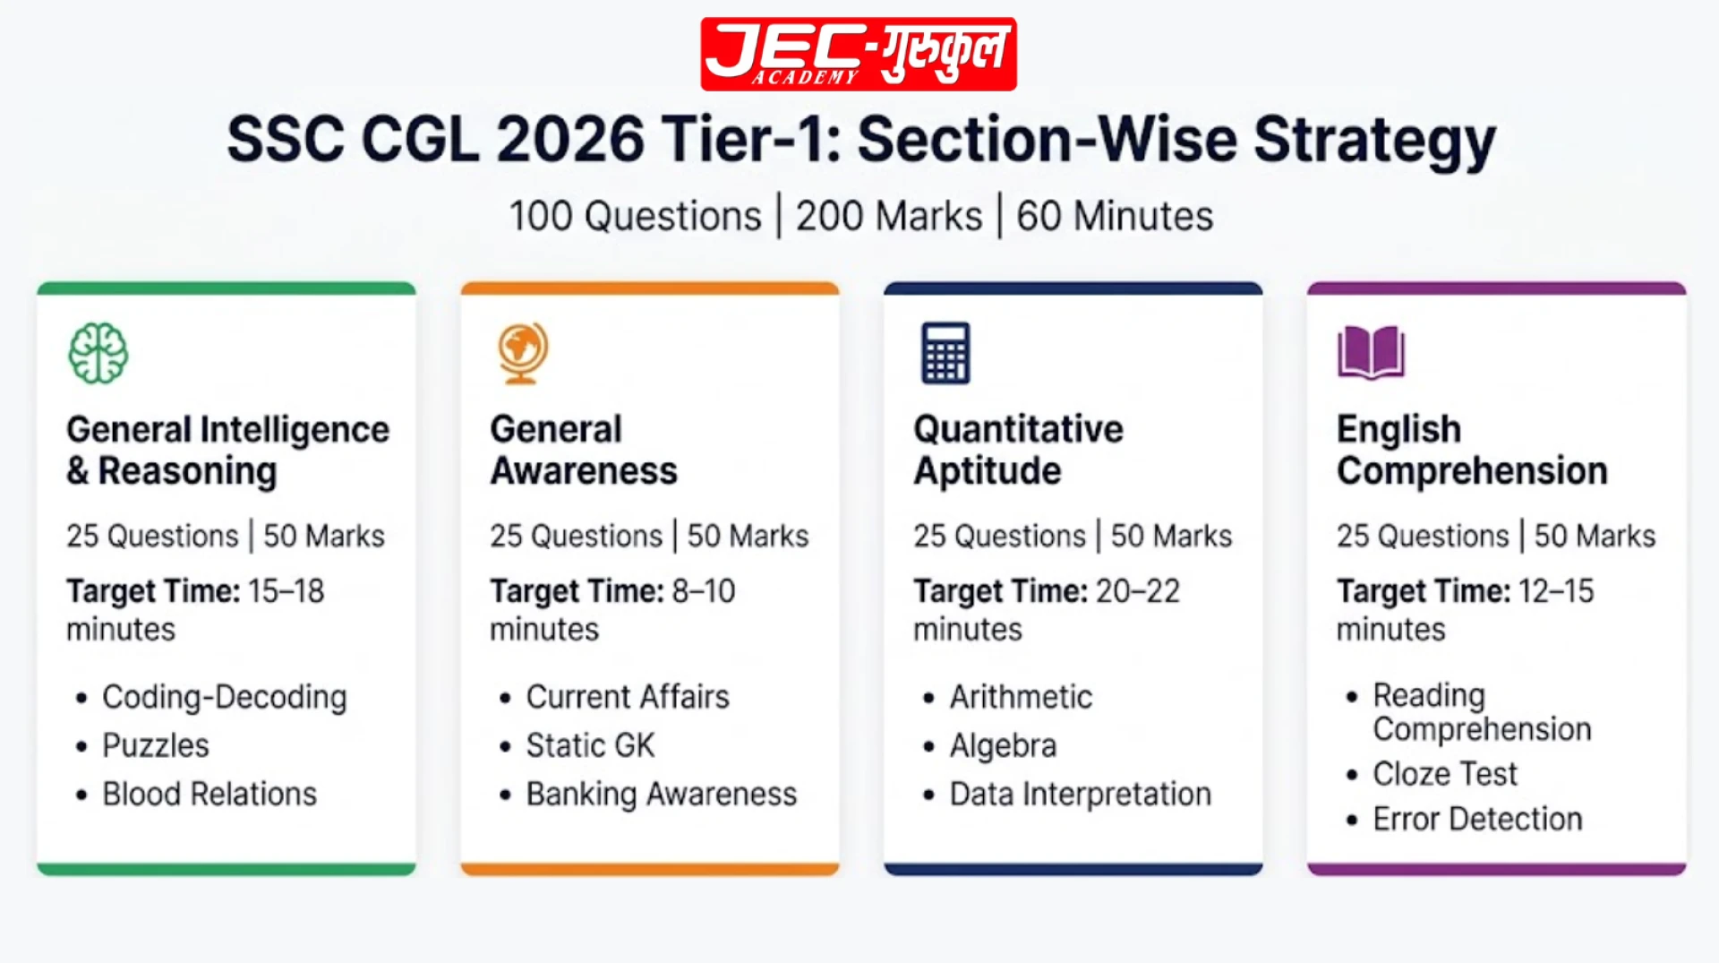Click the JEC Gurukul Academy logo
click(859, 54)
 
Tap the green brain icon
click(98, 353)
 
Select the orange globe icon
click(523, 353)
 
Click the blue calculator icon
click(945, 353)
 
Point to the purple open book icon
click(1371, 353)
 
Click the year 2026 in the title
click(570, 140)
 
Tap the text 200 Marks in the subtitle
click(889, 217)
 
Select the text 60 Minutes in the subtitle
click(1115, 217)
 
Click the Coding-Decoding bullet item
click(225, 697)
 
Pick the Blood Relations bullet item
click(210, 794)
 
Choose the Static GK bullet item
click(590, 745)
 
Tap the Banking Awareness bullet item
click(661, 794)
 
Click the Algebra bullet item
click(1003, 745)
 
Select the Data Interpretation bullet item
click(1080, 794)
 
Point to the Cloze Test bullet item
click(1445, 773)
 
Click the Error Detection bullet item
click(1477, 819)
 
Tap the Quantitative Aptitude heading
click(1018, 451)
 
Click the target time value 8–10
click(704, 591)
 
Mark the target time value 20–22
click(1138, 591)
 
